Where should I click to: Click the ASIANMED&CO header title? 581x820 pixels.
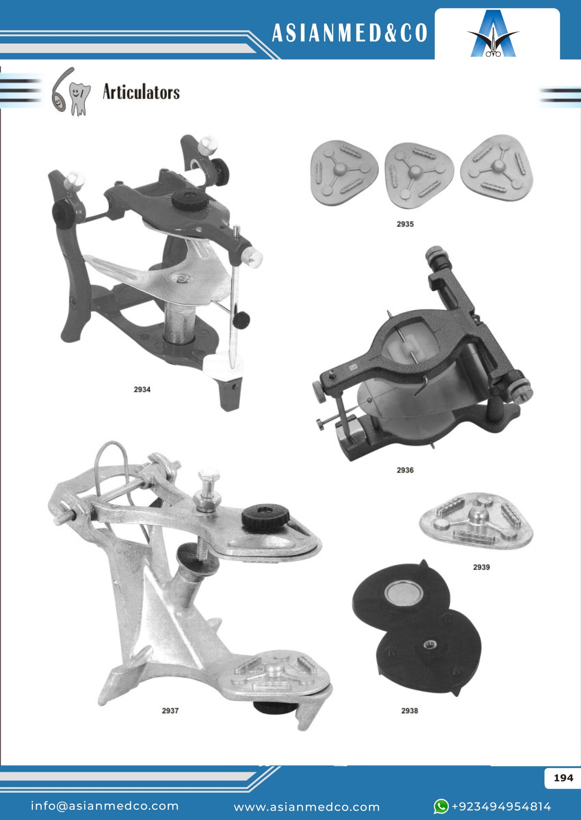point(350,34)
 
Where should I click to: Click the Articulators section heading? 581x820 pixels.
point(141,92)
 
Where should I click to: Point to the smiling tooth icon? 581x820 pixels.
point(79,99)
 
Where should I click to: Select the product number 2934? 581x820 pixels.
point(142,389)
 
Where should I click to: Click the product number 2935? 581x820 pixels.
point(405,224)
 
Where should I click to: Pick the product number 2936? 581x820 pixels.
point(405,470)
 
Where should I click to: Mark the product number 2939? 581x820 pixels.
point(481,567)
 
